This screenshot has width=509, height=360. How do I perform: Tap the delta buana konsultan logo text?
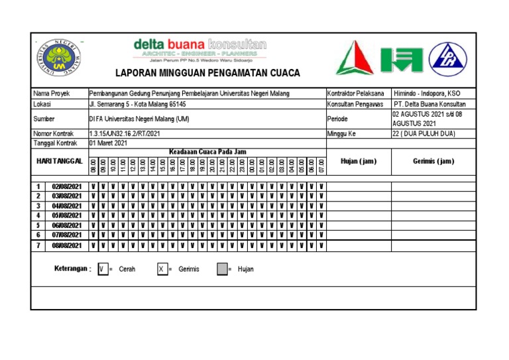tap(199, 44)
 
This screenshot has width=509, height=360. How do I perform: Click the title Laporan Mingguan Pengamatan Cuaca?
tap(207, 73)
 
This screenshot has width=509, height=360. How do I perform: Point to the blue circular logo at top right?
tap(447, 58)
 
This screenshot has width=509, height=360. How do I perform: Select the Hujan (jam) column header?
tap(359, 161)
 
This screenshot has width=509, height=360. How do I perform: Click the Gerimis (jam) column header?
tap(433, 161)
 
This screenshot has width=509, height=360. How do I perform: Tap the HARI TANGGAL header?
tap(59, 161)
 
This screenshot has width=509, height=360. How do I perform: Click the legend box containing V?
tap(102, 269)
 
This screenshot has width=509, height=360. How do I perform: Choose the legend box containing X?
tap(162, 269)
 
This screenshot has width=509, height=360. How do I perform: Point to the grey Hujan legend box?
tap(222, 269)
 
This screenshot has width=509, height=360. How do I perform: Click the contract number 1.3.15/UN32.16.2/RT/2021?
tap(124, 133)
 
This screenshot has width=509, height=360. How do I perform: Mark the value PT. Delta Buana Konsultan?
tap(429, 104)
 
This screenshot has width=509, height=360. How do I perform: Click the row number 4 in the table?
tap(38, 215)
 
